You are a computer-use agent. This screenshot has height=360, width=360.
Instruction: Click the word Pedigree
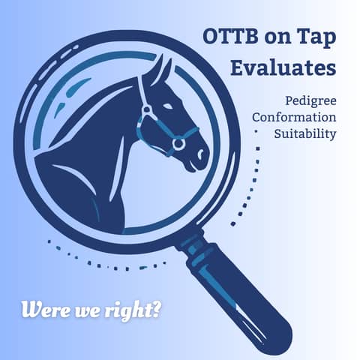[310, 100]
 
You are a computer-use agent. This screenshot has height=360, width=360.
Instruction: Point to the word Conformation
[294, 118]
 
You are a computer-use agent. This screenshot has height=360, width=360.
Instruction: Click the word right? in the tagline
[134, 309]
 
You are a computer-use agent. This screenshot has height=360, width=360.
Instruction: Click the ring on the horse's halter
[178, 143]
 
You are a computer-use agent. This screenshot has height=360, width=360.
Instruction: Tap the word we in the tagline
[87, 309]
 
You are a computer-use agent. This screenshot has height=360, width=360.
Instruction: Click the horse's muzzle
[196, 154]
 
